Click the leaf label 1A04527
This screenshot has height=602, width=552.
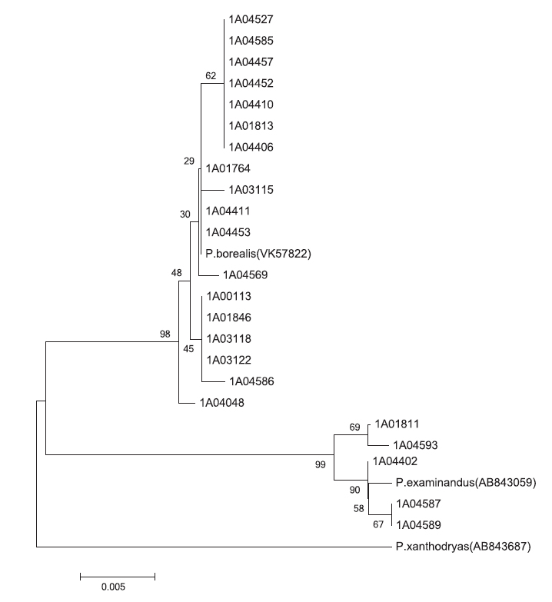pyautogui.click(x=251, y=19)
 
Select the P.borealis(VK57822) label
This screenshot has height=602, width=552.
pyautogui.click(x=258, y=254)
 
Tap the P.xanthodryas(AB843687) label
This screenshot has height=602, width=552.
pyautogui.click(x=464, y=547)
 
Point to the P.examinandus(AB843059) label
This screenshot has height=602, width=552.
pyautogui.click(x=466, y=482)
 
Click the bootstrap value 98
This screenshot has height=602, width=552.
pyautogui.click(x=165, y=334)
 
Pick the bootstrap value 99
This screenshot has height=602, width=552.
pyautogui.click(x=320, y=464)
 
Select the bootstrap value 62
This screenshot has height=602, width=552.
pyautogui.click(x=211, y=75)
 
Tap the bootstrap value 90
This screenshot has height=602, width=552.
pyautogui.click(x=354, y=490)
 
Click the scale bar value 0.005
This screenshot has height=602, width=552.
pyautogui.click(x=113, y=587)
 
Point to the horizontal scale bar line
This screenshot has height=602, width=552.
pyautogui.click(x=118, y=577)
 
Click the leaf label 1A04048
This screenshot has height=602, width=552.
pyautogui.click(x=222, y=403)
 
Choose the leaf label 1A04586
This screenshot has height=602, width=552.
pyautogui.click(x=252, y=381)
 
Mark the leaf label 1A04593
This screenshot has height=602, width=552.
pyautogui.click(x=415, y=445)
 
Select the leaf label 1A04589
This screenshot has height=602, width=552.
pyautogui.click(x=418, y=525)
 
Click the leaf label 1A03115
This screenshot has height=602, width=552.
pyautogui.click(x=251, y=190)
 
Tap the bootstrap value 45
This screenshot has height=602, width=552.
pyautogui.click(x=188, y=348)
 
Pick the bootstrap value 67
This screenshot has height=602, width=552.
pyautogui.click(x=378, y=524)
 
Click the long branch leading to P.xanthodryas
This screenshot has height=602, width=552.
pyautogui.click(x=214, y=547)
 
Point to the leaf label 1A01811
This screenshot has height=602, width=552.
pyautogui.click(x=397, y=424)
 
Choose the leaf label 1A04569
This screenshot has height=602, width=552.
pyautogui.click(x=245, y=275)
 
